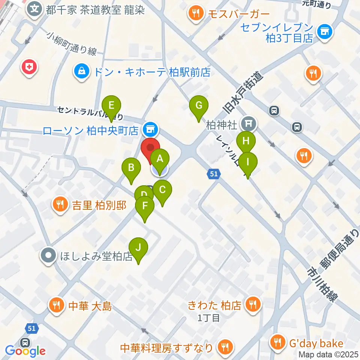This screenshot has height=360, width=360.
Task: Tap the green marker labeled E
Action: point(111,105)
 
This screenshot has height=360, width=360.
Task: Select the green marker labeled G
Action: point(199,105)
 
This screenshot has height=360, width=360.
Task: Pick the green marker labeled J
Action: point(138,247)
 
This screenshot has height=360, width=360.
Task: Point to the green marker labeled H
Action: point(246,141)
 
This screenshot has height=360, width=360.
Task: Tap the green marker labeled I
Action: point(248,162)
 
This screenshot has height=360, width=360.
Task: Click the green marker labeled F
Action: point(145,206)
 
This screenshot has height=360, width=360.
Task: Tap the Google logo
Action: point(25,351)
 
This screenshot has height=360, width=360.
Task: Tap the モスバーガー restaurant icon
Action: point(196,15)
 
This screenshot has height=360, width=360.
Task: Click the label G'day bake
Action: point(316,343)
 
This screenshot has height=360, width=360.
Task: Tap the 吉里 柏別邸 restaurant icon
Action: point(59,205)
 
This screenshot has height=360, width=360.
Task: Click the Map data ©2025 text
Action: point(328,354)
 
